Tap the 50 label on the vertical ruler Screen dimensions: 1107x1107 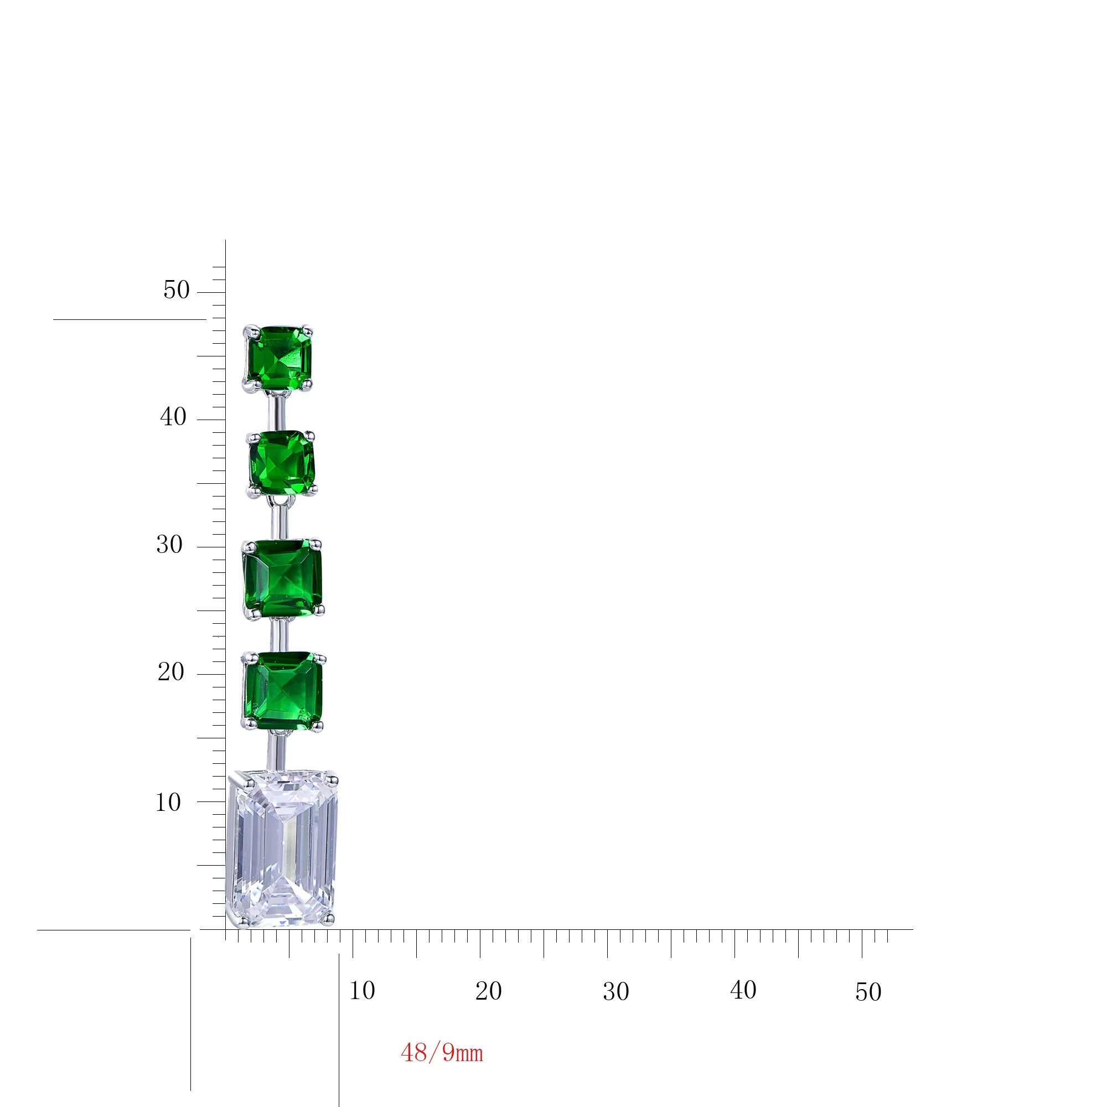pos(176,291)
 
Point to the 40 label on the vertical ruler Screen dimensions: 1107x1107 pos(173,417)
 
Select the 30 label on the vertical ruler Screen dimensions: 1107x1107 pos(169,544)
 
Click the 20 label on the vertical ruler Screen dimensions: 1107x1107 pos(170,671)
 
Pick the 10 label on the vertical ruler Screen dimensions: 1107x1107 pos(168,803)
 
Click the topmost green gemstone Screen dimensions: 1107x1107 pos(279,358)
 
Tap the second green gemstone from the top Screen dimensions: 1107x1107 pos(282,462)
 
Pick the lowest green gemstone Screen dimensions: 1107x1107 pos(283,691)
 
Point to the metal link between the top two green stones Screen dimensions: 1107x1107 pos(278,411)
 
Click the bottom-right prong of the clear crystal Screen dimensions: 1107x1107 pos(328,935)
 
